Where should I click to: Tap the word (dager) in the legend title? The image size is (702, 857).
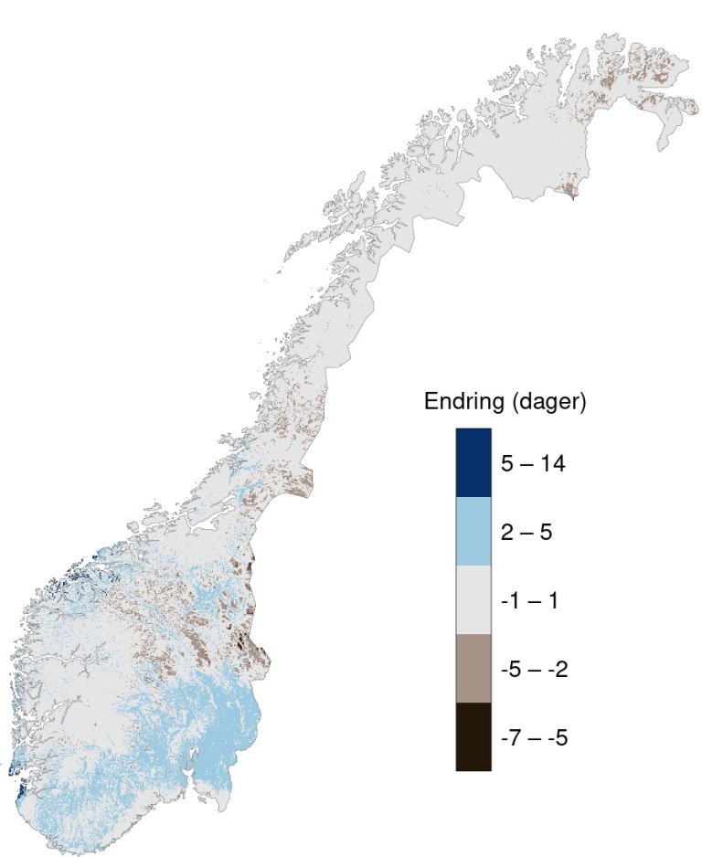click(548, 402)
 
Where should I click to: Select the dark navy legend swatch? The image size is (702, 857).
click(473, 462)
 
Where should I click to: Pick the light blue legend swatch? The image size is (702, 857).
click(473, 531)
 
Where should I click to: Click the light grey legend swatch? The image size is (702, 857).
click(473, 599)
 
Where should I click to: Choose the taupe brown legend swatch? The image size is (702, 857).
click(473, 668)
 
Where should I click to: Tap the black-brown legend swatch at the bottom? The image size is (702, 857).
click(473, 736)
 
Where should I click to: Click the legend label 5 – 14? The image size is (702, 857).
click(533, 463)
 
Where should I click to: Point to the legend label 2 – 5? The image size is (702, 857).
click(526, 532)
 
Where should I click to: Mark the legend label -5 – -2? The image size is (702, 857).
click(535, 669)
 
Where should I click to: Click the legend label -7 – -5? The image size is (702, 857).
click(535, 737)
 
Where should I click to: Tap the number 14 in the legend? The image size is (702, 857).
click(552, 463)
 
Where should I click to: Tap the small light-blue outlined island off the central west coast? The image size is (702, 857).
click(134, 526)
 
